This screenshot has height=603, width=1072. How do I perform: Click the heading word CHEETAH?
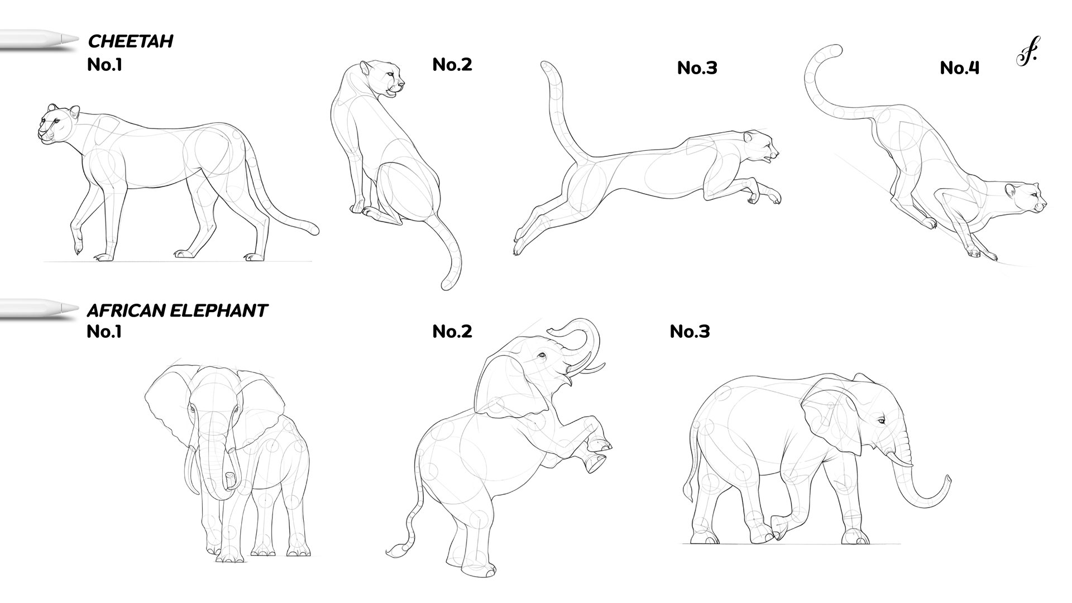pyautogui.click(x=131, y=41)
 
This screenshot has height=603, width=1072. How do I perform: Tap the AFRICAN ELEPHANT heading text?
pyautogui.click(x=177, y=310)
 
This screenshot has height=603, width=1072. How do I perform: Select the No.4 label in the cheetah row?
pyautogui.click(x=960, y=68)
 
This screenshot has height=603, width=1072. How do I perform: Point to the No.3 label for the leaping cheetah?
pyautogui.click(x=697, y=68)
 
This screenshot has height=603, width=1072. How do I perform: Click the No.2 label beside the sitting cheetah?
pyautogui.click(x=452, y=64)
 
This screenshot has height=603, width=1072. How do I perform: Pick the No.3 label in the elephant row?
pyautogui.click(x=690, y=332)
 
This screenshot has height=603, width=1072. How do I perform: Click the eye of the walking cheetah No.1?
pyautogui.click(x=55, y=121)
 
